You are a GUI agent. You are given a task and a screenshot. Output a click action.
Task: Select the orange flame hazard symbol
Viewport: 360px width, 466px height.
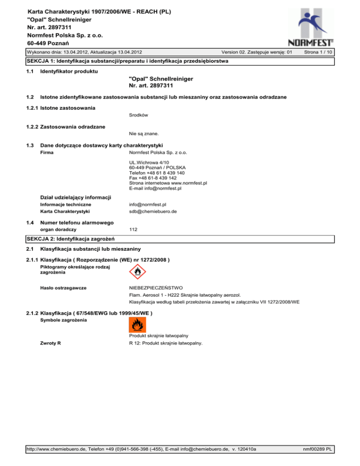(x=137, y=325)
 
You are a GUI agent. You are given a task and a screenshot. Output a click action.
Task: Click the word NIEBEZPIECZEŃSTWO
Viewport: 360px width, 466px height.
(x=156, y=287)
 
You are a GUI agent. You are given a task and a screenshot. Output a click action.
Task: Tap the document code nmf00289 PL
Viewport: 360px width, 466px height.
(x=317, y=449)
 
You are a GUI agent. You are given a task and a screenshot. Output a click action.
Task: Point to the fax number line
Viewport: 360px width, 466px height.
(x=153, y=178)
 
